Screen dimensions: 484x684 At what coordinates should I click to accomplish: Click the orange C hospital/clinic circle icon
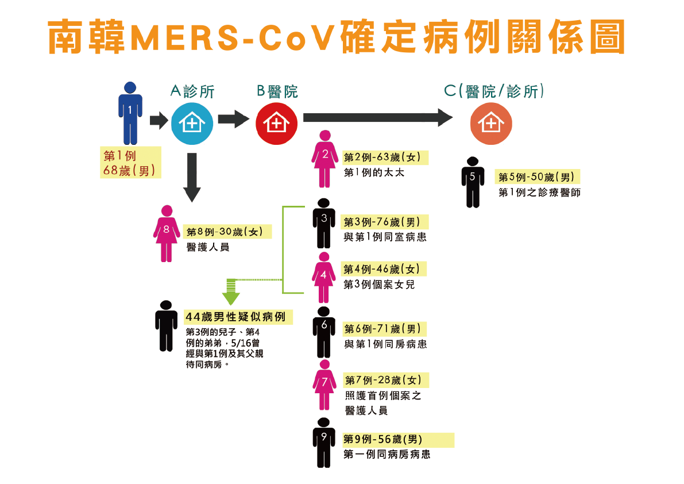491,124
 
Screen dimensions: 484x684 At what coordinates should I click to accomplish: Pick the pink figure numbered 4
324,277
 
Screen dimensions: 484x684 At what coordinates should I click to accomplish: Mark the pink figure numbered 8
167,233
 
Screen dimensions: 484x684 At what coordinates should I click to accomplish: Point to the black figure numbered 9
324,442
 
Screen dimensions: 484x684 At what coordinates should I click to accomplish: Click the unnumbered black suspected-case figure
166,325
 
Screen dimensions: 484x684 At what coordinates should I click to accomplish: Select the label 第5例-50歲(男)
536,176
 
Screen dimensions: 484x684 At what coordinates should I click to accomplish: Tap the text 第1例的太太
374,172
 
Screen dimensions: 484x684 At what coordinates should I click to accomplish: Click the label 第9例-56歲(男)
383,439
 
